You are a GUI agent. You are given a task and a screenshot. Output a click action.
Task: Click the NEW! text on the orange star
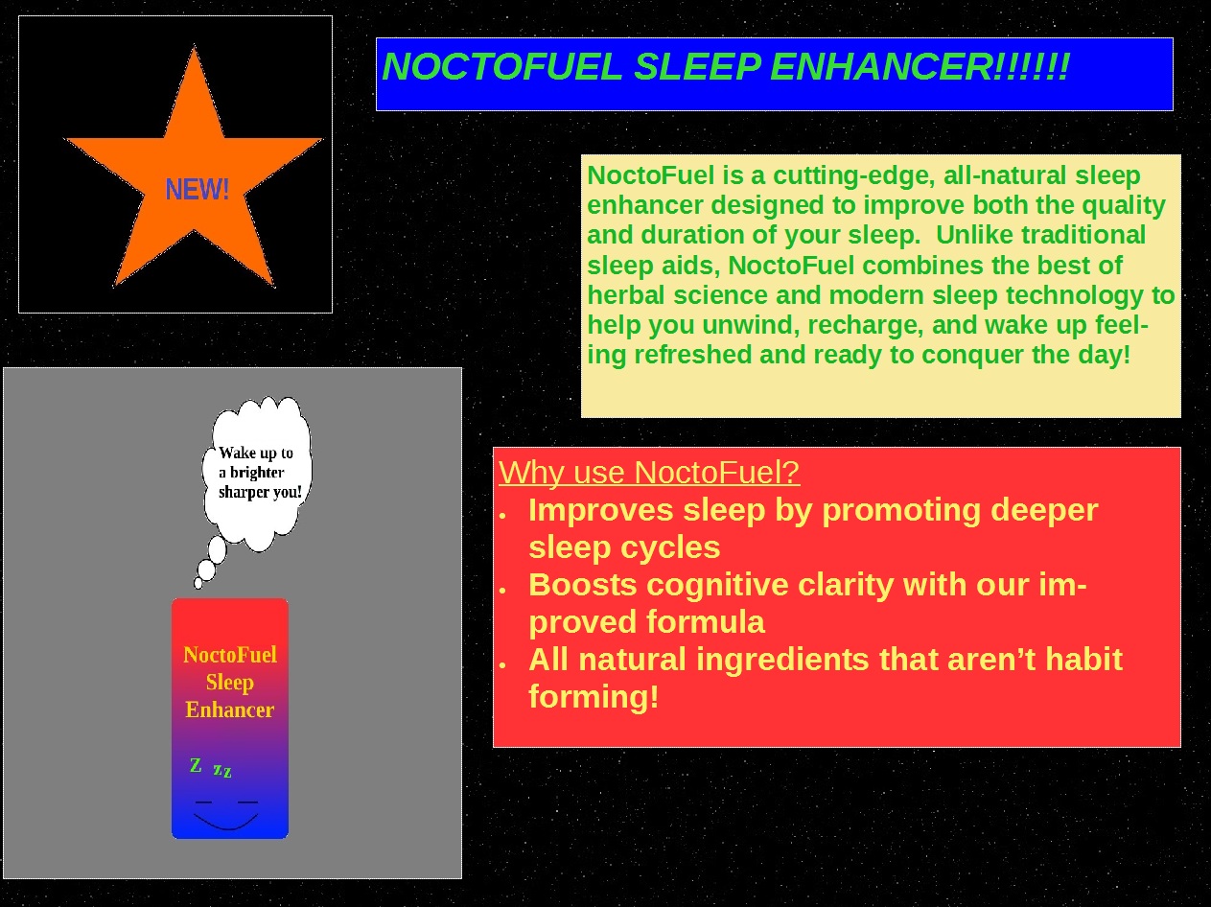coord(197,189)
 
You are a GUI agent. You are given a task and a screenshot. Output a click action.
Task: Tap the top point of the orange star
coord(195,47)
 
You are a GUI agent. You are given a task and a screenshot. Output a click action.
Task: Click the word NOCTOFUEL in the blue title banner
coord(502,67)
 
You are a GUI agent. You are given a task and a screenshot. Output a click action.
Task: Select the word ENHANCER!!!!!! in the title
coord(920,67)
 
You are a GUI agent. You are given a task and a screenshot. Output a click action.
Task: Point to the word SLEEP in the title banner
coord(697,67)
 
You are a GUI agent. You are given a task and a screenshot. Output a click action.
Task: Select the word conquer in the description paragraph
coord(972,355)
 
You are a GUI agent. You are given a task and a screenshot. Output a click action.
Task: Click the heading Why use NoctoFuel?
coord(649,473)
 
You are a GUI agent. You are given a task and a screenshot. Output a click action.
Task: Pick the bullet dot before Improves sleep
coord(502,516)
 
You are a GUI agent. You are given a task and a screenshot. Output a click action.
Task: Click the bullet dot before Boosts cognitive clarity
coord(502,591)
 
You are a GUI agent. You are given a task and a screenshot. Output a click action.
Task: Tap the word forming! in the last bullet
coord(594,697)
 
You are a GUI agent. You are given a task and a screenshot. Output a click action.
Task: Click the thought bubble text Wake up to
coord(256,453)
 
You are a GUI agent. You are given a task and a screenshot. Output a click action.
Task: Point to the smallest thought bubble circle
coord(198,583)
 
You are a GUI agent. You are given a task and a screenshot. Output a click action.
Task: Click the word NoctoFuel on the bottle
coord(230,655)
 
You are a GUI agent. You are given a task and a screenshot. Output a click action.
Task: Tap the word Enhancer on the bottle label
coord(229,709)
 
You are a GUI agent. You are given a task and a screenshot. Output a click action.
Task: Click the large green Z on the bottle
coord(196,765)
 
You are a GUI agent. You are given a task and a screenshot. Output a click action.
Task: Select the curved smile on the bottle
coord(225,822)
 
